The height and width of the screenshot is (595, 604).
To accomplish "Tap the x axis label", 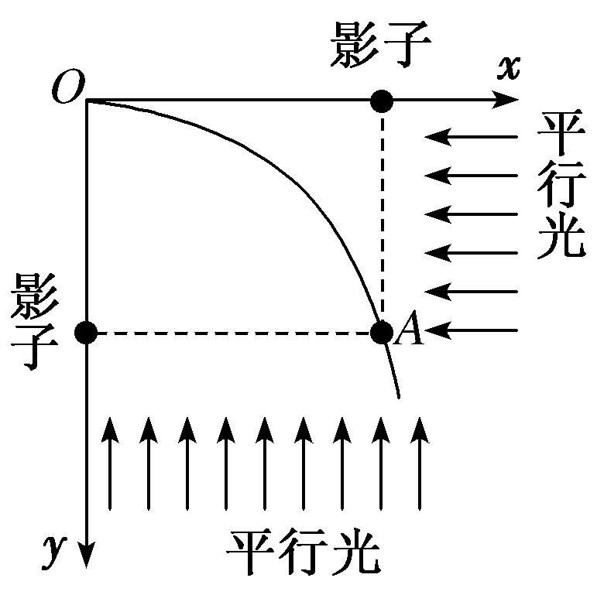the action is (x=507, y=67).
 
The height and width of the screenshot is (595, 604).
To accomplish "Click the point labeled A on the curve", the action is (x=381, y=333).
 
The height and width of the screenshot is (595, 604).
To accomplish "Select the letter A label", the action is (x=408, y=333).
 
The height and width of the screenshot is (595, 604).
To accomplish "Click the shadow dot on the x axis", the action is (x=381, y=100).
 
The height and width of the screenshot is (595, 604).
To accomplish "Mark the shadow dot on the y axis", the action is (x=86, y=333).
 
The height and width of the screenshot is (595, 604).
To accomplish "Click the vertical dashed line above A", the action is (x=381, y=217).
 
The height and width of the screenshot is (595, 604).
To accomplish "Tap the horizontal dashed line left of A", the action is (x=232, y=333).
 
